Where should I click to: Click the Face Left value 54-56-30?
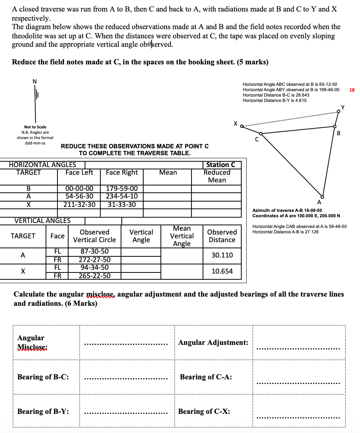coord(79,196)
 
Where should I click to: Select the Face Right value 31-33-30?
coord(121,204)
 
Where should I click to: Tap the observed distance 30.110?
coord(222,255)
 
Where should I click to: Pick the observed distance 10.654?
coord(222,271)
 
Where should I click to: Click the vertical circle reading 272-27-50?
coord(95,259)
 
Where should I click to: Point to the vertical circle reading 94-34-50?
coord(95,267)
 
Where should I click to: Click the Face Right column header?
coord(121,172)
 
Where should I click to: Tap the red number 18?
coord(352,90)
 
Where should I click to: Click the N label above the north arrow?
coord(35,81)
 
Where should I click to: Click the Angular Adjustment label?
coord(213,342)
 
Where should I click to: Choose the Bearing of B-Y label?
coord(43,411)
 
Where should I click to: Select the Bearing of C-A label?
coord(206,377)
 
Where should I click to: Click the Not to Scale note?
coord(35,127)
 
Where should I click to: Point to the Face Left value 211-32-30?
coord(79,204)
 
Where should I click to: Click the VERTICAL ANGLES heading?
coord(42,220)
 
